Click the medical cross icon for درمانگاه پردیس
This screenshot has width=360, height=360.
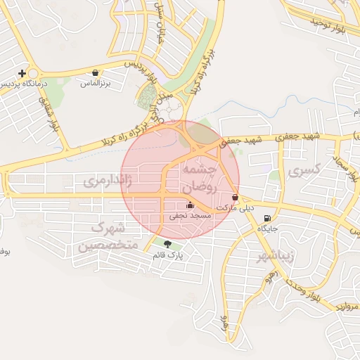23,72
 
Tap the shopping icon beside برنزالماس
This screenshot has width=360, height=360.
96,72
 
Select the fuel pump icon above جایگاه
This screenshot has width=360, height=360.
266,218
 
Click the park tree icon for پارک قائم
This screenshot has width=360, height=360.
167,243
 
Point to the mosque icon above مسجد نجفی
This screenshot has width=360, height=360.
190,205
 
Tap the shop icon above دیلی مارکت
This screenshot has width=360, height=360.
235,198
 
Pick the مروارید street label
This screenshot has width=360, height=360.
345,307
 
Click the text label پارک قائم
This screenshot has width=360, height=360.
167,255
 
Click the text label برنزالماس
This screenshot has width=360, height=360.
96,84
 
